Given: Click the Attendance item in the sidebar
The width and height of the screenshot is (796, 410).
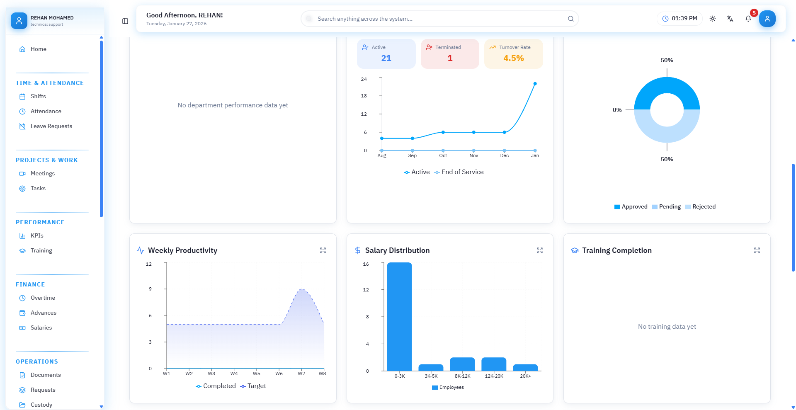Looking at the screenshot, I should tap(46, 111).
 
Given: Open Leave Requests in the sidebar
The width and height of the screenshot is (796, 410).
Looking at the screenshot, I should tap(51, 126).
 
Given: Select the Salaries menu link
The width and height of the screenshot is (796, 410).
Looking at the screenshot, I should tap(41, 328).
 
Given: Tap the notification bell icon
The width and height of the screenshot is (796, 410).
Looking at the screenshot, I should tap(748, 19).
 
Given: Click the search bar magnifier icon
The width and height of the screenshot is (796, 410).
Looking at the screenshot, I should tap(570, 19).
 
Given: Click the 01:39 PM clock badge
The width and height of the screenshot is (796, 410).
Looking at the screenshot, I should tap(680, 19).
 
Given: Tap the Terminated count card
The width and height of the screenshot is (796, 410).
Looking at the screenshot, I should tap(450, 54).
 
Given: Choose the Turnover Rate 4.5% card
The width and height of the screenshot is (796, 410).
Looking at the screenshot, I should tap(513, 54).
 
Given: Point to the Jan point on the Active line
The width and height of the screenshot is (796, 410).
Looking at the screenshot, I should tap(535, 84).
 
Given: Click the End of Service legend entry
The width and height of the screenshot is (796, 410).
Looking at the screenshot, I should tap(459, 172).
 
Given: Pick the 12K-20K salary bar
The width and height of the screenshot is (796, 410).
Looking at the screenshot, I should tap(494, 364).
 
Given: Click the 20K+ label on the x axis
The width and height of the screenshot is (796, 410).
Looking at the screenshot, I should tap(525, 376).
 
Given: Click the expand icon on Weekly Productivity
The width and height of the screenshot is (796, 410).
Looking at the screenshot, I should tap(323, 250).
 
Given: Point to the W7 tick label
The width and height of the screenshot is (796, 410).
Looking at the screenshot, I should tap(301, 374).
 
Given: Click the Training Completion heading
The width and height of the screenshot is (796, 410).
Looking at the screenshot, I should tap(616, 250).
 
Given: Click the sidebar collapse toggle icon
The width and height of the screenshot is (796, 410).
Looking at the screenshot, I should tap(125, 21).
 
